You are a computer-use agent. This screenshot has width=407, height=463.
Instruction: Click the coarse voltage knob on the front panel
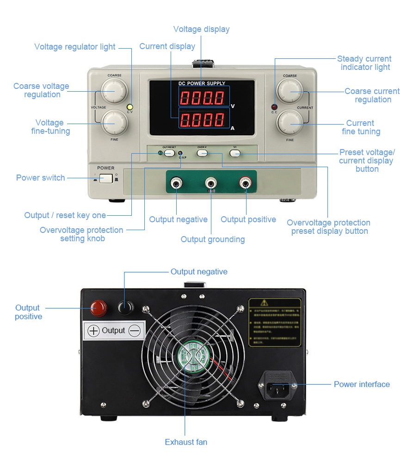pos(114,90)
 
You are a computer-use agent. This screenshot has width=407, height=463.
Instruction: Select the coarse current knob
pos(290,91)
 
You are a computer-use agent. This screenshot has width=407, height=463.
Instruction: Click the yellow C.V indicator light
pos(130,106)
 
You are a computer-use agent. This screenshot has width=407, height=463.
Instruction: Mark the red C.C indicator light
pos(274,107)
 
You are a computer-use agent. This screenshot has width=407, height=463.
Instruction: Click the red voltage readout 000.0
pos(203,98)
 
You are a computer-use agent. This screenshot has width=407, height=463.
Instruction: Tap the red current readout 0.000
pos(203,120)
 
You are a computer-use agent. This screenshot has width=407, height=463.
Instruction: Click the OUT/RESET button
pos(169,152)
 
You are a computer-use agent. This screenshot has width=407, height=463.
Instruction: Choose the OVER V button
pos(202,152)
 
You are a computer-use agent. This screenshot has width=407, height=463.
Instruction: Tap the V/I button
pos(235,152)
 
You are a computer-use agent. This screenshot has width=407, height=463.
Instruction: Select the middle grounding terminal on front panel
pos(211,184)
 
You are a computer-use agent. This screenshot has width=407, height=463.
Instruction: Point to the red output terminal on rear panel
pos(98,307)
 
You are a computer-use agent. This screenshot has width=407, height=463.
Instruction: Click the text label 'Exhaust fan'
pos(186,442)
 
